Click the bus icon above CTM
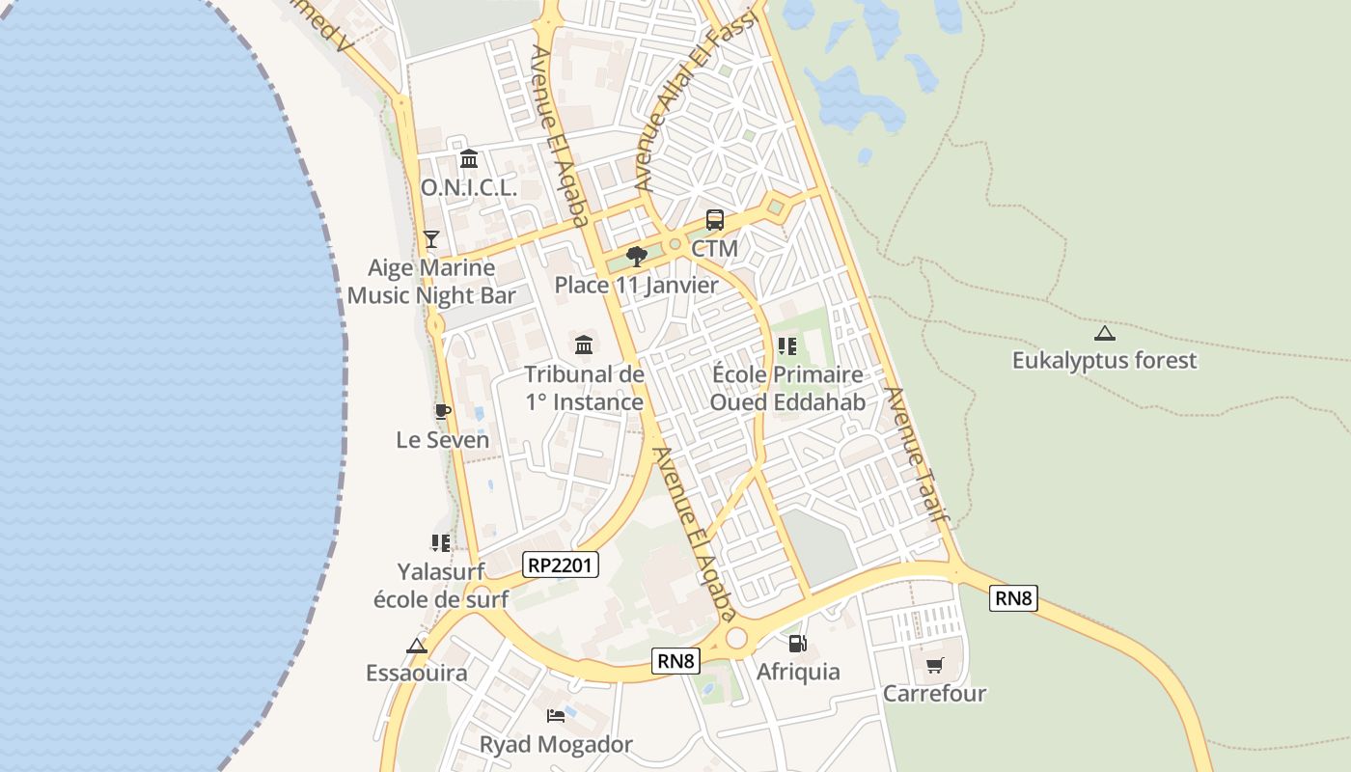(714, 220)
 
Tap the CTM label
(714, 249)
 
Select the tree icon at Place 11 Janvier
(636, 256)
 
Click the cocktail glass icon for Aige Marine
(431, 238)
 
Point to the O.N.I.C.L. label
(469, 188)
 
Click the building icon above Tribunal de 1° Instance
(584, 345)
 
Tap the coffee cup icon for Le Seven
(442, 412)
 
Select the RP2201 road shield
(561, 565)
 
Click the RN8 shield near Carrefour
(1013, 598)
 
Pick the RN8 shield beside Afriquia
(675, 660)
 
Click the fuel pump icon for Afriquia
(797, 643)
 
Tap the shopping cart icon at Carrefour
(934, 665)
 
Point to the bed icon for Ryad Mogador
(556, 716)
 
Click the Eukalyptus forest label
(1104, 361)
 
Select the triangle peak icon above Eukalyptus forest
(1104, 334)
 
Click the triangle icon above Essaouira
(417, 646)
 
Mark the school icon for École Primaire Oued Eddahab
(786, 345)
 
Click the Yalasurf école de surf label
(441, 586)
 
